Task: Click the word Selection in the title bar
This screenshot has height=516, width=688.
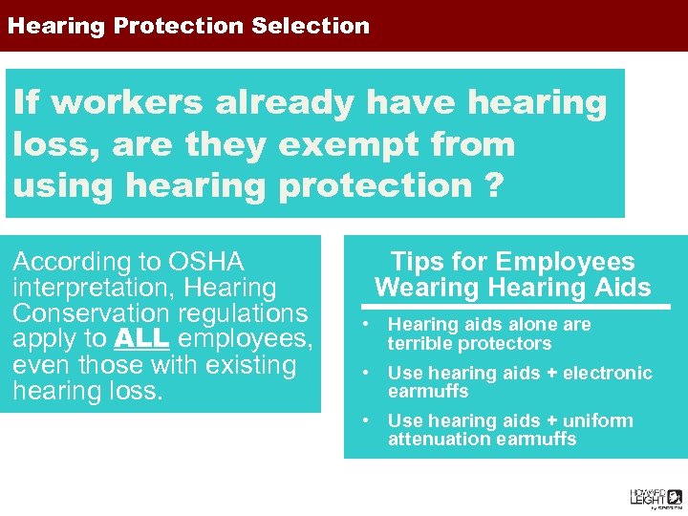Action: click(x=311, y=26)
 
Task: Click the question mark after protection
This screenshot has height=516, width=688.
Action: click(x=492, y=185)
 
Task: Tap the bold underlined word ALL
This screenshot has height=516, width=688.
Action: click(x=141, y=339)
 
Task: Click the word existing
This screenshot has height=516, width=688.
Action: click(x=247, y=365)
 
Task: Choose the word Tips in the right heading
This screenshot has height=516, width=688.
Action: click(x=415, y=262)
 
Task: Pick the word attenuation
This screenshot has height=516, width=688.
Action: click(x=433, y=439)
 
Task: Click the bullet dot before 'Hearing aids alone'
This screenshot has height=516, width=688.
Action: click(x=365, y=325)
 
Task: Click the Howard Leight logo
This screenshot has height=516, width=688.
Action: click(x=655, y=497)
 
